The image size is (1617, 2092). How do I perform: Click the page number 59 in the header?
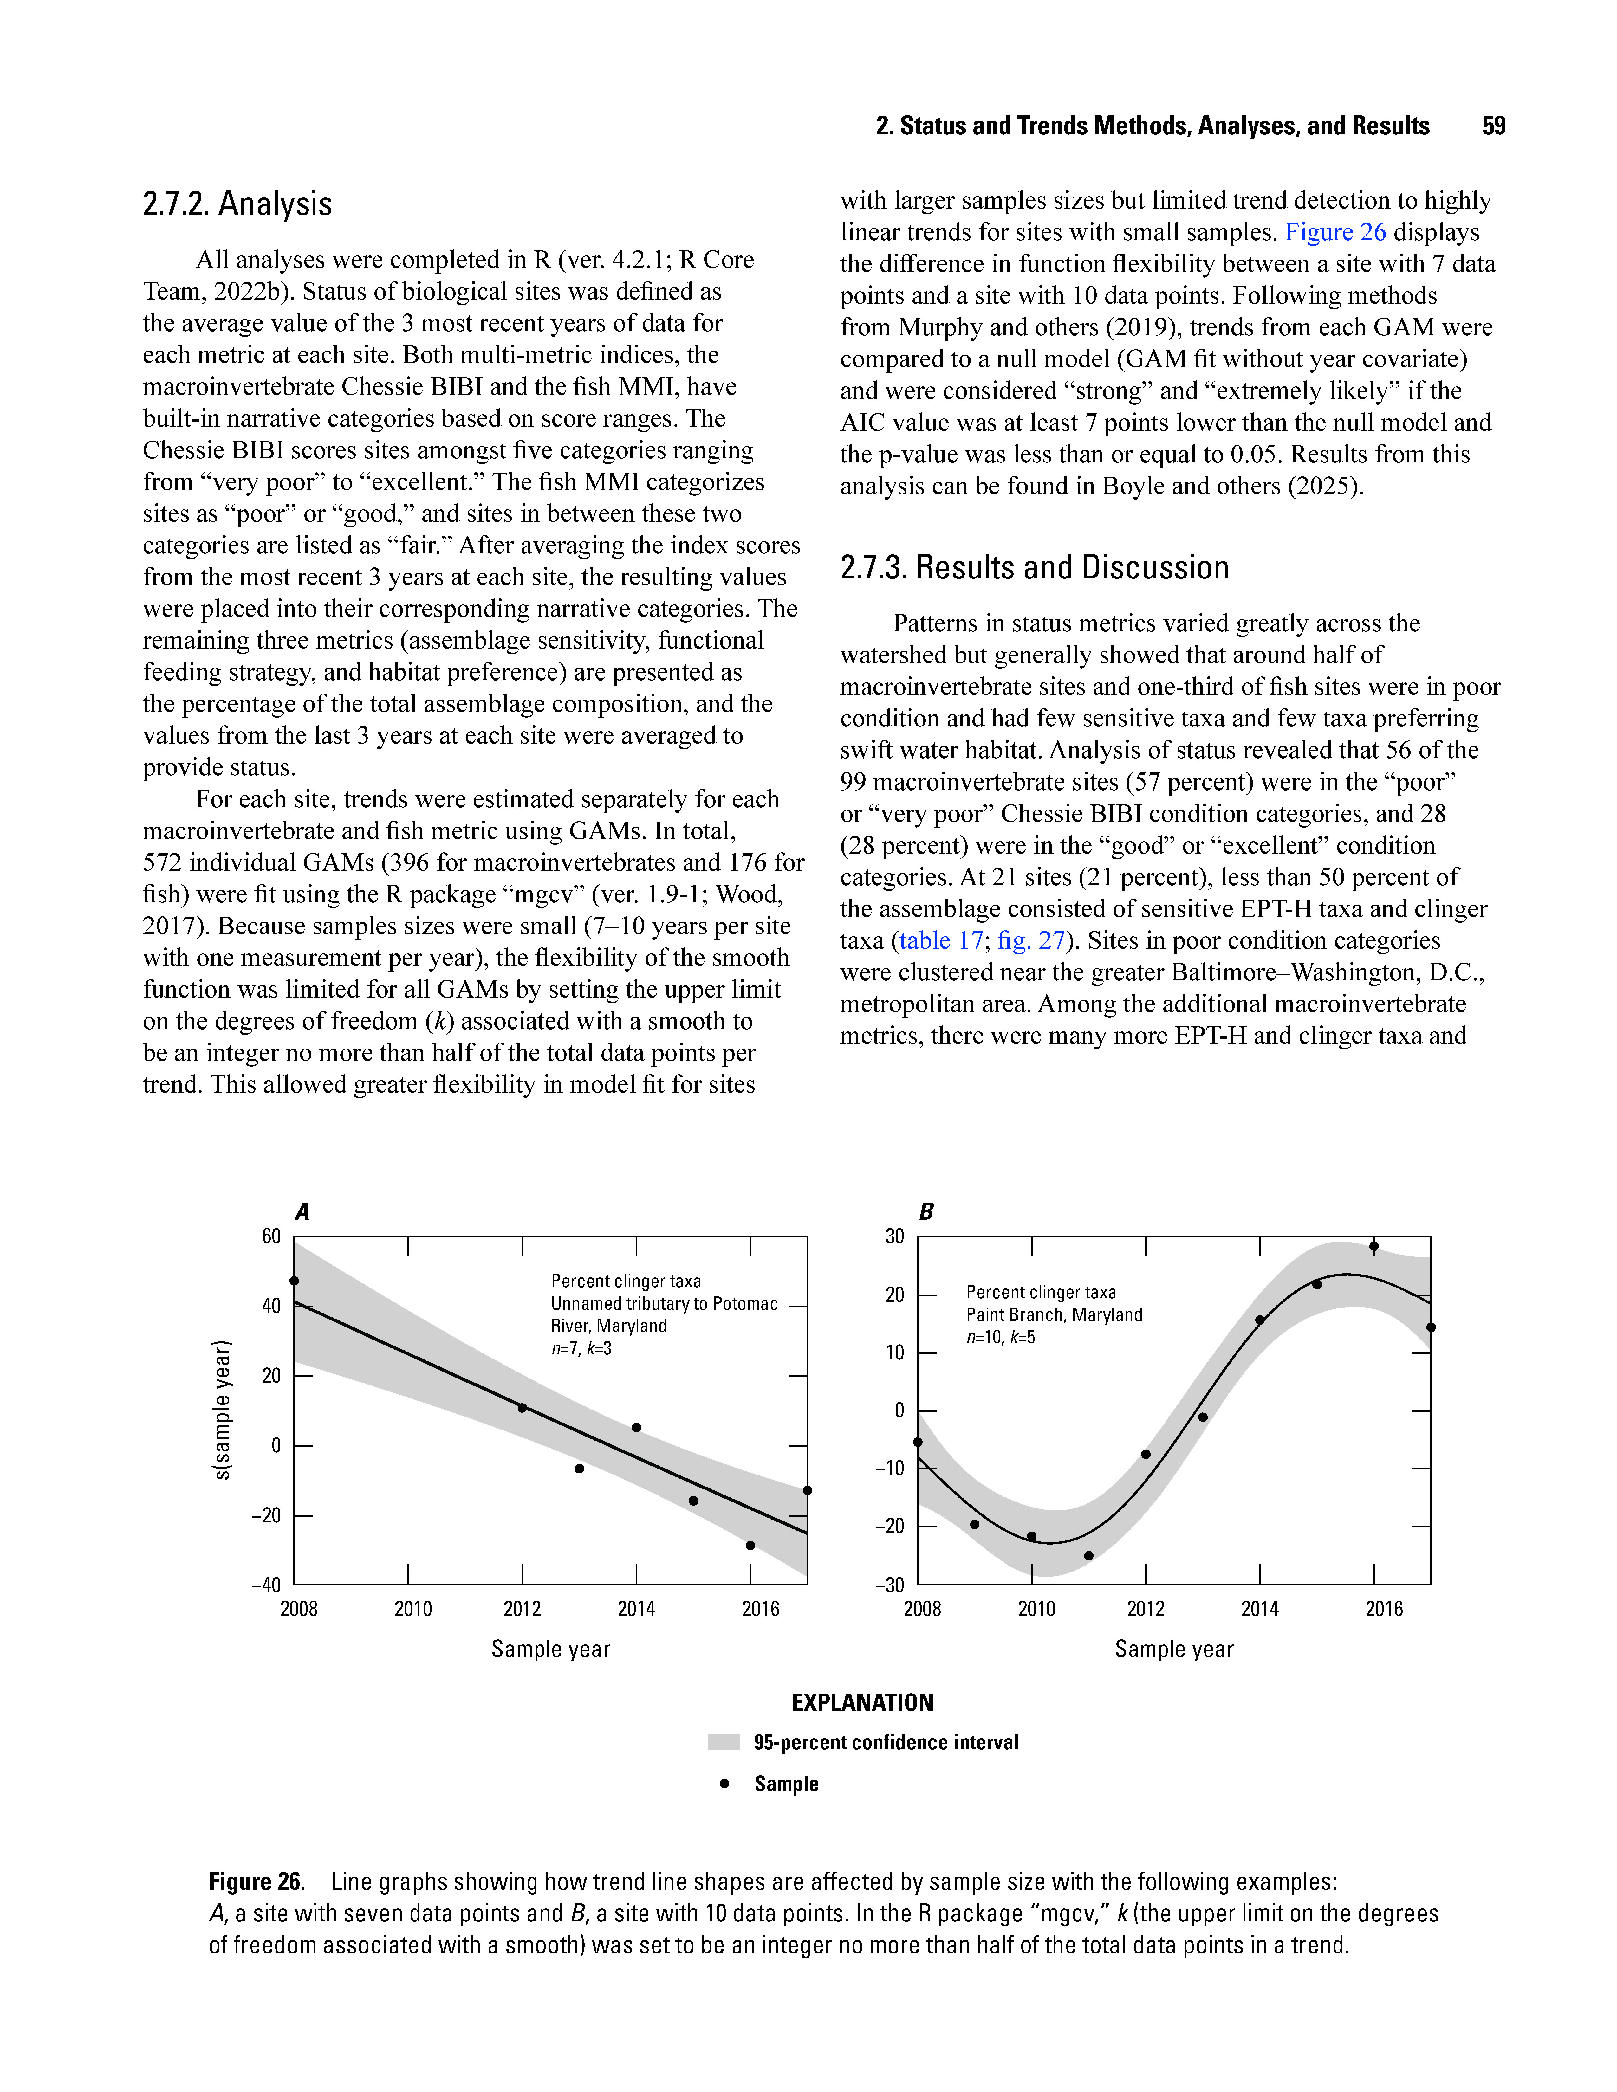point(1492,126)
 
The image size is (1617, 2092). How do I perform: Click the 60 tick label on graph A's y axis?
point(272,1236)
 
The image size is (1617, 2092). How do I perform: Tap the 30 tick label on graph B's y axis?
point(895,1236)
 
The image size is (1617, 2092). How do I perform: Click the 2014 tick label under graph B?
point(1260,1609)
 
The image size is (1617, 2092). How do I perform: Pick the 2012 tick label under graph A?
point(522,1609)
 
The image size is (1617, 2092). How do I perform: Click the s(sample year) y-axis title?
point(222,1409)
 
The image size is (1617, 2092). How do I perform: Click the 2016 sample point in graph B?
point(1374,1246)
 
